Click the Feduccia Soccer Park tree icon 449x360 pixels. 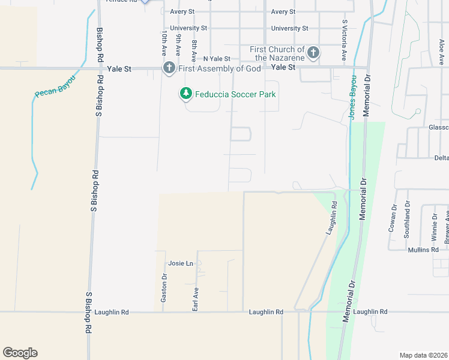(x=186, y=94)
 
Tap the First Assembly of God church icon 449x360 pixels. (x=169, y=68)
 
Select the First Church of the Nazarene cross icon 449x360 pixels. (x=313, y=53)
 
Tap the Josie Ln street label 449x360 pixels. (x=181, y=263)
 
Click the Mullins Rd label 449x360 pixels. (x=423, y=250)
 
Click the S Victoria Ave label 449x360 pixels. (x=345, y=40)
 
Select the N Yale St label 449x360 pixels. (x=217, y=59)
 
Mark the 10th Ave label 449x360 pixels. (x=163, y=44)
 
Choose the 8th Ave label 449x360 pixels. (x=194, y=52)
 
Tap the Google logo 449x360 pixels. (x=20, y=353)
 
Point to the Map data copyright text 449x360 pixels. (x=424, y=355)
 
